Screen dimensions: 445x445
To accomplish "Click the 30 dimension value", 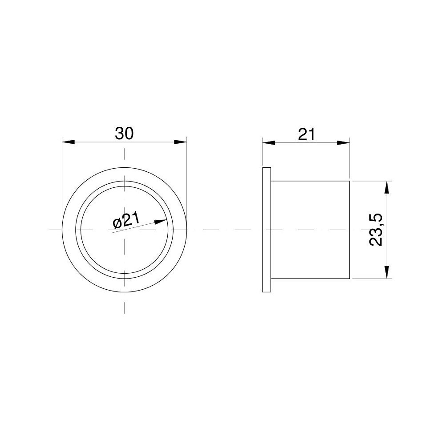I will coord(124,133).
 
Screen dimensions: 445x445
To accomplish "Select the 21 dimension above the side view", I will coord(307,134).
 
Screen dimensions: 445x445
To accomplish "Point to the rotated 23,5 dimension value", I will coord(376,230).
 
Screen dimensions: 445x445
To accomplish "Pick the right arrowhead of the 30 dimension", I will coord(180,142).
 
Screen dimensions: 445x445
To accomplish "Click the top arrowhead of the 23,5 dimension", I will coord(388,186).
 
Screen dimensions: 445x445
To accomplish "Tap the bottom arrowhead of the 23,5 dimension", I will coord(388,273).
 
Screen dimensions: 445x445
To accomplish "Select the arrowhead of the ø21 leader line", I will coord(161,221).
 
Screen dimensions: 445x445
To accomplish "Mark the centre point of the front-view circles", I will coord(124,230).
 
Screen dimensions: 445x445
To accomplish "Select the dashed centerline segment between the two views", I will coord(222,230).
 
